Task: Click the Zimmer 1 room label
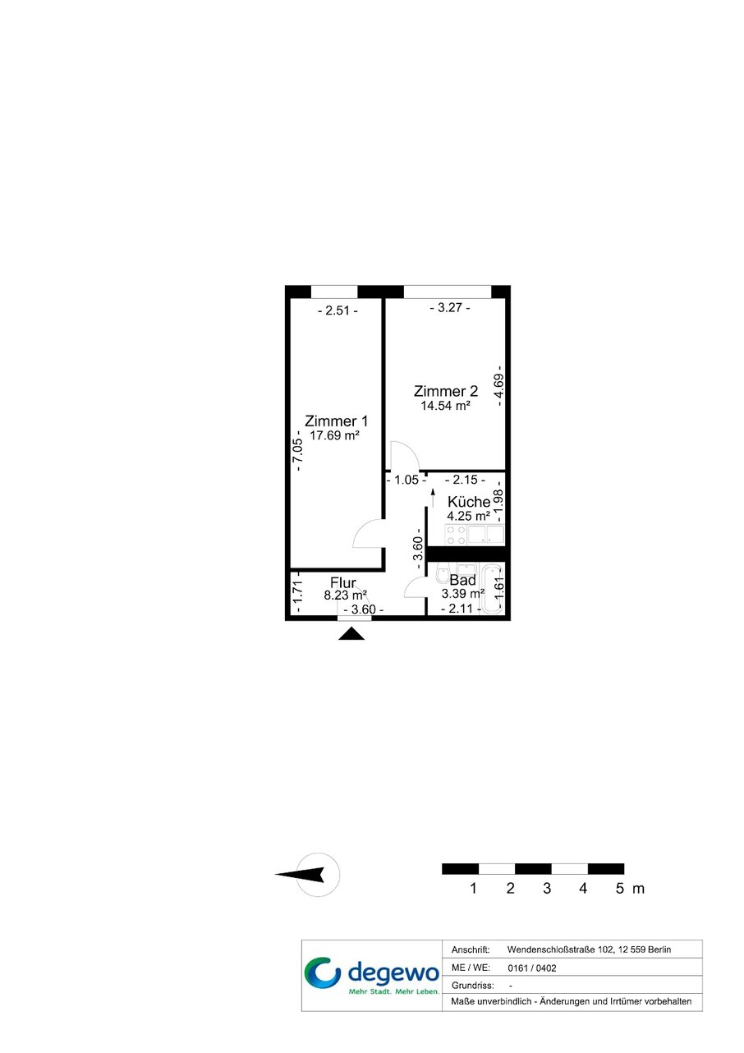pos(336,421)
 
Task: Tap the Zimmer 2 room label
pos(446,391)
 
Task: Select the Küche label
pos(469,502)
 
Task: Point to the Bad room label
pos(462,580)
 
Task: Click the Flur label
pos(343,582)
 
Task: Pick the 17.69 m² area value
pos(334,435)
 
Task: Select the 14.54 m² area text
pos(446,405)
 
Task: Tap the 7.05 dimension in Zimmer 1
pos(298,451)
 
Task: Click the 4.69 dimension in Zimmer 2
pos(499,386)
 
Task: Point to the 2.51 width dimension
pos(338,310)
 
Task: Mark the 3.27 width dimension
pos(450,308)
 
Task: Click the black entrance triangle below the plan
pos(351,634)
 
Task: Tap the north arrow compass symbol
pos(307,875)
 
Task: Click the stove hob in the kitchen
pos(455,535)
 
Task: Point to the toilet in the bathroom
pos(443,574)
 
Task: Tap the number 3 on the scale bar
pos(547,888)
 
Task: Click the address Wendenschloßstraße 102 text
pos(560,950)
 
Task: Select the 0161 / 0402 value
pos(531,968)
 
